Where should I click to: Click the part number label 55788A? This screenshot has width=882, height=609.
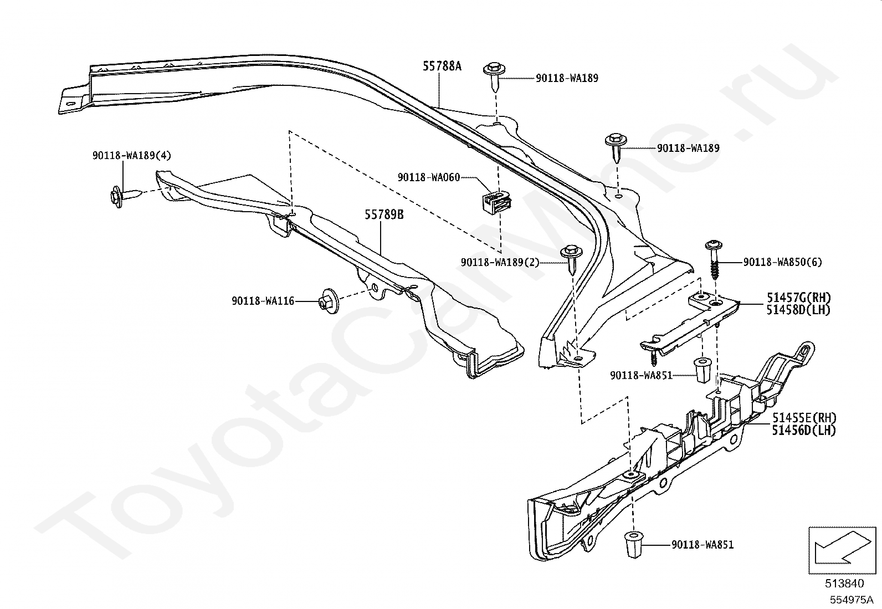tap(442, 66)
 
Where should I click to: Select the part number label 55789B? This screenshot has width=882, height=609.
tap(384, 214)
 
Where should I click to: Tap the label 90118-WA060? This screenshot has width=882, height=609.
tap(429, 178)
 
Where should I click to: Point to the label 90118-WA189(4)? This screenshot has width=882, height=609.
tap(132, 156)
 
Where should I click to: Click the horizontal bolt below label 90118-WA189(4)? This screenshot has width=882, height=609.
tap(125, 196)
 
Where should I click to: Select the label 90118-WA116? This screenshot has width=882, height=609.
tap(263, 301)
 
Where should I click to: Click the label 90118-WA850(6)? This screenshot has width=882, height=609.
tap(783, 262)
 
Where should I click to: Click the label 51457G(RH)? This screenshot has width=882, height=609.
tap(798, 298)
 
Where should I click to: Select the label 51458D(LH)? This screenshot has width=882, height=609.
tap(798, 310)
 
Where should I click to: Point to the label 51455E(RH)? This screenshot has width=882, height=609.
tap(804, 418)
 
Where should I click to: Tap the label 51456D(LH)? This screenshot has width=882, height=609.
tap(804, 430)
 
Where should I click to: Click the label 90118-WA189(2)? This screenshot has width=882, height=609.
tap(500, 262)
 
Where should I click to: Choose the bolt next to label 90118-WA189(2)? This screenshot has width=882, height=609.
tap(572, 259)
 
